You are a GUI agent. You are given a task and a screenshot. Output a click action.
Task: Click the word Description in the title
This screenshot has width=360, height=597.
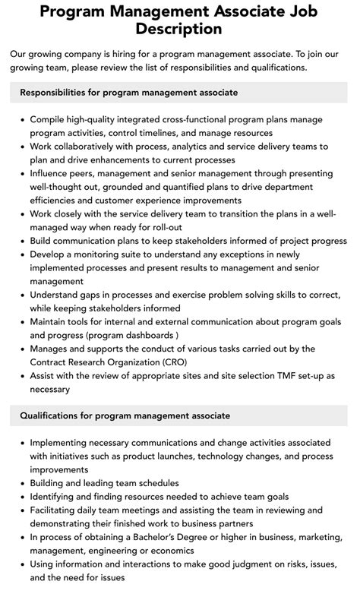(180, 29)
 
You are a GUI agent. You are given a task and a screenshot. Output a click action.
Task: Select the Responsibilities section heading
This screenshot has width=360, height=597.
(128, 92)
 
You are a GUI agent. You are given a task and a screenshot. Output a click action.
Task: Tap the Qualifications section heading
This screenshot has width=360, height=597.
(125, 415)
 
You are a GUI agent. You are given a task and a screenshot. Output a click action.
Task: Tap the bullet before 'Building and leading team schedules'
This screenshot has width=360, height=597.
(19, 483)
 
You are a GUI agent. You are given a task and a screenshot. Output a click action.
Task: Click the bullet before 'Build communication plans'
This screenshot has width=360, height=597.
(19, 241)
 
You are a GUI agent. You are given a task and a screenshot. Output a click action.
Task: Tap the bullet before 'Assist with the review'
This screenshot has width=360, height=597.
(19, 376)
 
